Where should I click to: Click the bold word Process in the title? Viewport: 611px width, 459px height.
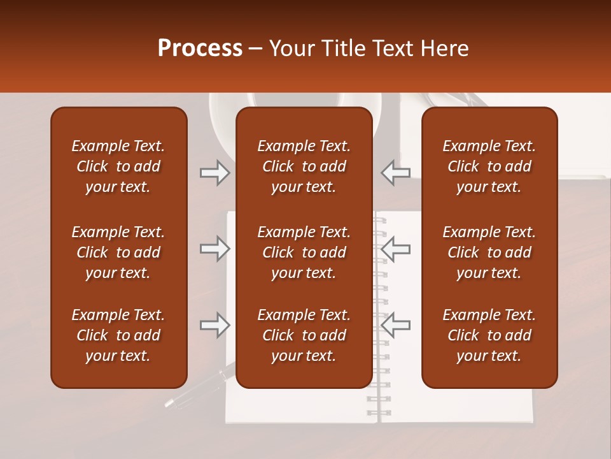[x=200, y=48]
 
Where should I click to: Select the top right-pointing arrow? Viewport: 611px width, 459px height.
[x=214, y=173]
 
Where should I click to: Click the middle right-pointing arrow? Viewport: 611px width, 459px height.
[x=214, y=249]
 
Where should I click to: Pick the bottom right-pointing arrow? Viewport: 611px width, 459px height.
[x=214, y=325]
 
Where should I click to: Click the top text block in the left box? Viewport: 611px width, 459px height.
[x=118, y=166]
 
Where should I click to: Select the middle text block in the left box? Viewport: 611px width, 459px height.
[x=118, y=252]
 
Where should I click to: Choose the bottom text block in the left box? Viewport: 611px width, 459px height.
[x=118, y=335]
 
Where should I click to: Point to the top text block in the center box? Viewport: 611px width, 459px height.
[x=304, y=166]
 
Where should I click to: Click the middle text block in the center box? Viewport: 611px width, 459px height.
[x=304, y=252]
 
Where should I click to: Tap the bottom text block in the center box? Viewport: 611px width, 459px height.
[x=304, y=335]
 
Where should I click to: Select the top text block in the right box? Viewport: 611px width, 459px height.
[x=489, y=166]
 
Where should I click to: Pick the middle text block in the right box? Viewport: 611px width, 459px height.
[x=489, y=252]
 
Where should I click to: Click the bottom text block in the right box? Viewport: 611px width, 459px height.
[x=489, y=335]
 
